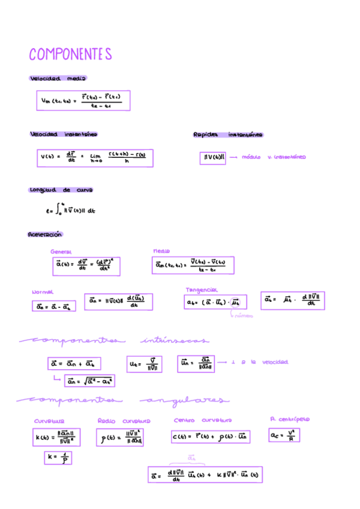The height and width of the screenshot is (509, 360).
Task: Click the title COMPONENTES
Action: pos(71,55)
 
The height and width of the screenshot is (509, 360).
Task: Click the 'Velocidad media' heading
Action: pos(58,79)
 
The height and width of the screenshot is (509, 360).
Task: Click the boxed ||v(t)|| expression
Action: pos(214,157)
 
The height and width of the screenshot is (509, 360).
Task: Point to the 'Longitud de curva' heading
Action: pos(61,190)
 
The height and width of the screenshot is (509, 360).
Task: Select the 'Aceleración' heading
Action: pos(45,235)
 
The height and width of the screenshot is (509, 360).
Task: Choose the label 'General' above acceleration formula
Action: pos(61,252)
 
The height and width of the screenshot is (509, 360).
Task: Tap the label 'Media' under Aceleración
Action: pos(161,251)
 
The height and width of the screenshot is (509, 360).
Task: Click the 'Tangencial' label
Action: pos(202,289)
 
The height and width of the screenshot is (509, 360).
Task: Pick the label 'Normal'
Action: pos(43,292)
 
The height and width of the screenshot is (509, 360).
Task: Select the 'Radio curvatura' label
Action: pos(124,421)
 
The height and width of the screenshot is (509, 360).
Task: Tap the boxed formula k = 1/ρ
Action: pos(58,459)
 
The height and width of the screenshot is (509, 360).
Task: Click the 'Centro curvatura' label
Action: pos(203,421)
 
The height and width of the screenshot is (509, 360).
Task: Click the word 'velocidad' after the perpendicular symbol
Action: pos(275,362)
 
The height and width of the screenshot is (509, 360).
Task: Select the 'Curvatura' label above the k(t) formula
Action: pos(49,421)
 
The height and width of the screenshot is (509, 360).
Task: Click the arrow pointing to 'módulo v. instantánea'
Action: pos(233,157)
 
